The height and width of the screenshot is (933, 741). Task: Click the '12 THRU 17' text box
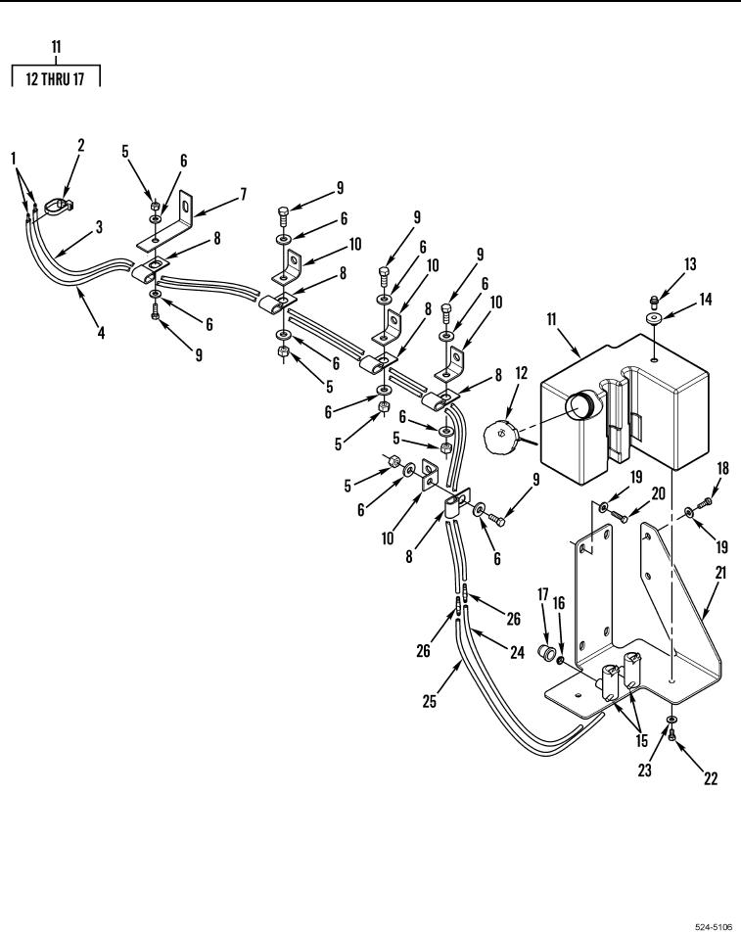[x=56, y=78]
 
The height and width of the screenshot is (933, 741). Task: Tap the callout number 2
[x=81, y=145]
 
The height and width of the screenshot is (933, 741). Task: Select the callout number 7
[x=243, y=194]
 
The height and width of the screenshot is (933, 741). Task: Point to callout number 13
[x=690, y=263]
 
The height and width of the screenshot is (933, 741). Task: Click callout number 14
[x=706, y=299]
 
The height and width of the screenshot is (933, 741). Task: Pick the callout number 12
[x=521, y=373]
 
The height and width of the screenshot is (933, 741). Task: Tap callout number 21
[x=720, y=573]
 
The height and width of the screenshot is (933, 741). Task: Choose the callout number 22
[x=711, y=778]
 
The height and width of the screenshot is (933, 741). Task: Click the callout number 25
[x=430, y=701]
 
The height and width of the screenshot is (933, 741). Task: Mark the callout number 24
[x=518, y=652]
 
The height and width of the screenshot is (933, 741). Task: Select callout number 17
[x=542, y=594]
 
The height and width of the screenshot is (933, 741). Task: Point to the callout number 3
[x=99, y=227]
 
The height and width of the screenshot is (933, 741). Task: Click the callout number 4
[x=101, y=332]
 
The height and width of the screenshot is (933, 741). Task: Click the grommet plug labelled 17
[x=543, y=650]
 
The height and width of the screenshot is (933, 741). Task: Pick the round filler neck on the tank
[x=579, y=407]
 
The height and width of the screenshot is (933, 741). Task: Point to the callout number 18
[x=722, y=468]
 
